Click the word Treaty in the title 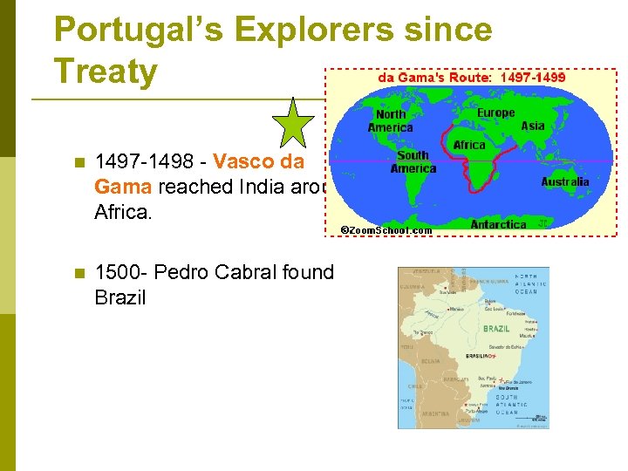[105, 70]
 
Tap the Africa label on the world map [469, 145]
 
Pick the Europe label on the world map [495, 113]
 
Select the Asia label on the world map [532, 126]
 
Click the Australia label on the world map [564, 182]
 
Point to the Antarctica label [498, 224]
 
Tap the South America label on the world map [413, 161]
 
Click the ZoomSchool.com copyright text [386, 229]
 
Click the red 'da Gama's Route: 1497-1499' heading [471, 77]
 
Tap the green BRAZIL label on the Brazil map [496, 329]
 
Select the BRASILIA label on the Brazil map [478, 356]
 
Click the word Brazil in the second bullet [119, 297]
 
